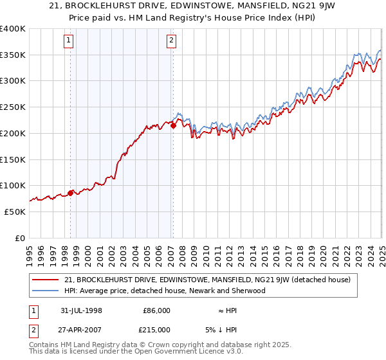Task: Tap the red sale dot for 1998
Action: pyautogui.click(x=71, y=192)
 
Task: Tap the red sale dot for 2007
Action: pyautogui.click(x=173, y=126)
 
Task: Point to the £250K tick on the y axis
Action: pyautogui.click(x=13, y=107)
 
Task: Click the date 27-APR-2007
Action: pyautogui.click(x=80, y=330)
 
